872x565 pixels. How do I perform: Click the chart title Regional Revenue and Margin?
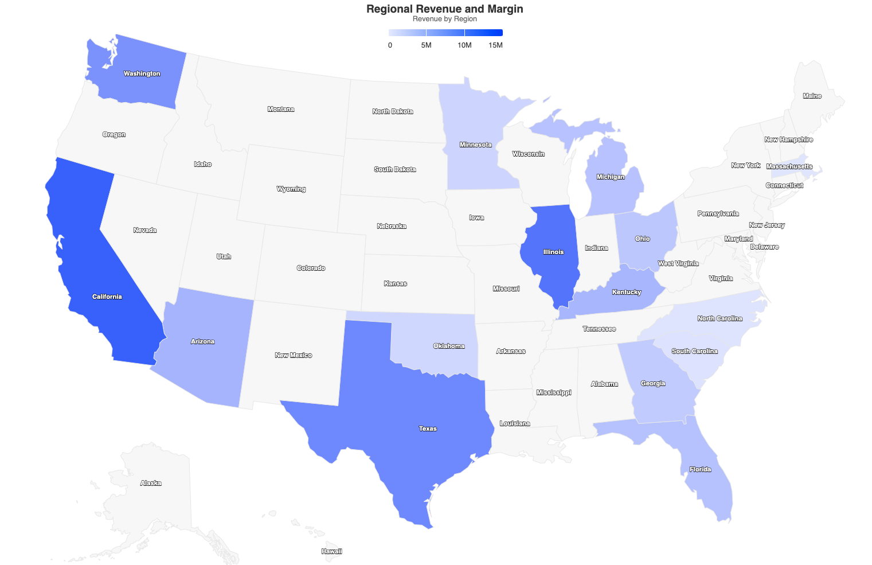[x=444, y=9]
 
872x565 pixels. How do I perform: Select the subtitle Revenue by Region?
[x=444, y=19]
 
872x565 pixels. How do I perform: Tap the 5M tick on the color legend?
[x=426, y=45]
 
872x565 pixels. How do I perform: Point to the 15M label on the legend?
[x=495, y=45]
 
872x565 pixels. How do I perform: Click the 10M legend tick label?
[x=464, y=45]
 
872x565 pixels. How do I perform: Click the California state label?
[x=107, y=297]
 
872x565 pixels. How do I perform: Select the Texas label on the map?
[x=428, y=428]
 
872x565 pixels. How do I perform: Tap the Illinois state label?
[x=553, y=252]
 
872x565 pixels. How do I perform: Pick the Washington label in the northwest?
[x=142, y=73]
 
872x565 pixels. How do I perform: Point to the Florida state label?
[x=700, y=469]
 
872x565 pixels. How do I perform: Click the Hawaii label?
[x=331, y=551]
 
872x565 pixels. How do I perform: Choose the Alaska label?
[x=151, y=483]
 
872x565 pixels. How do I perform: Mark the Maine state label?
[x=812, y=96]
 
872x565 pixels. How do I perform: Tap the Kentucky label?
[x=626, y=292]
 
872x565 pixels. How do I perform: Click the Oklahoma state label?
[x=449, y=346]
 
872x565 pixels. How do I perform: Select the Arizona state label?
[x=202, y=341]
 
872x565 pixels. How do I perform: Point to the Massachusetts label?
[x=789, y=166]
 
